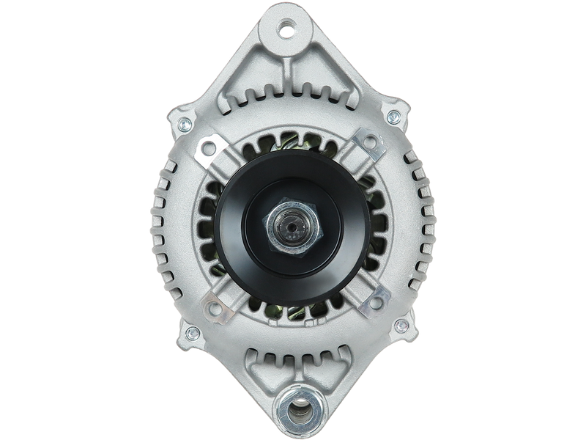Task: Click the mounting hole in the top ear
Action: [x=286, y=32]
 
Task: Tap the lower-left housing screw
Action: [x=192, y=334]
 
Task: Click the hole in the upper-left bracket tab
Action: [x=209, y=149]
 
